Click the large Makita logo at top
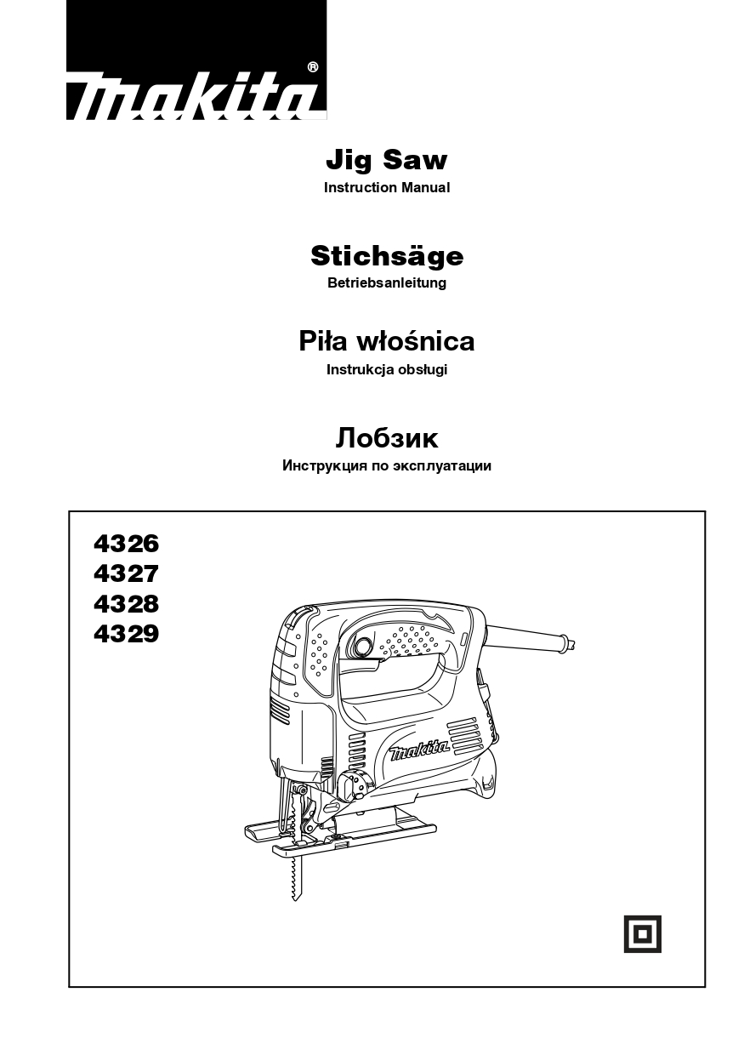coord(196,60)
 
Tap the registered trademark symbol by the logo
coord(312,67)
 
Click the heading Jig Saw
coord(386,161)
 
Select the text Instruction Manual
coord(386,187)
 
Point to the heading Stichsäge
coord(387,257)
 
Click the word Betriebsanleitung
coord(387,283)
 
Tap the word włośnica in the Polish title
coord(416,341)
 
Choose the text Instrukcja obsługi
coord(387,370)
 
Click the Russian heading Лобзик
coord(387,438)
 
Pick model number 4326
coord(126,544)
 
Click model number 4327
coord(126,574)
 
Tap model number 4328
coord(126,604)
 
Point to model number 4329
coord(126,634)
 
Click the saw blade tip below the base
coord(296,898)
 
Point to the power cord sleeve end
coord(570,644)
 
